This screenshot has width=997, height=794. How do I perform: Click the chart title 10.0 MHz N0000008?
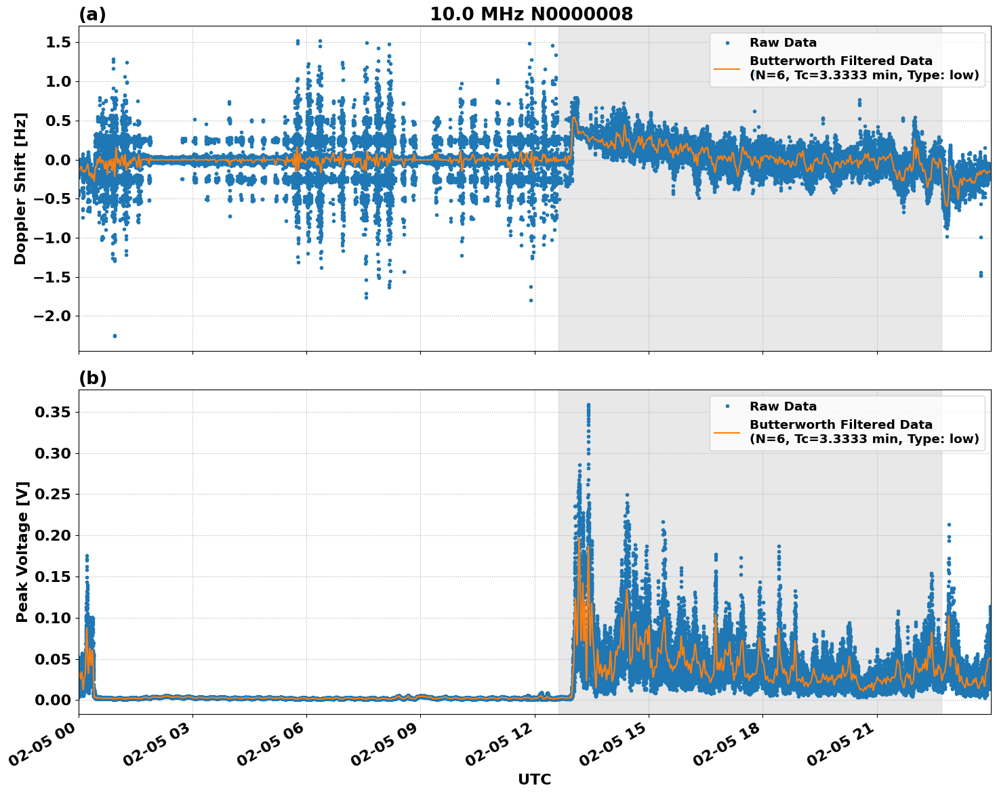coord(531,14)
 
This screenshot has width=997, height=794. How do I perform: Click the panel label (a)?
coord(92,14)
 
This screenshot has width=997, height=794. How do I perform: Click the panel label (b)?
coord(92,378)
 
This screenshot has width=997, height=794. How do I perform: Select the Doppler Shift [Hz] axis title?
coord(20,188)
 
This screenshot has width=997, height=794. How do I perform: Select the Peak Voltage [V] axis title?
coord(22,551)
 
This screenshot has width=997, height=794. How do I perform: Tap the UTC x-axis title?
coord(534,779)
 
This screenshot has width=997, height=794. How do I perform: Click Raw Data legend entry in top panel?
coord(783,43)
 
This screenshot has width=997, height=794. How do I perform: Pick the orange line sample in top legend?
coord(727,68)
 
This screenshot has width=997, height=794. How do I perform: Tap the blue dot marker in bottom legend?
coord(727,406)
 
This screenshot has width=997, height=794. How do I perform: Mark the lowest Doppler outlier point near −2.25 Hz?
coord(115,335)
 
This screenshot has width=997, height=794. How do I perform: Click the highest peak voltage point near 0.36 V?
coord(588,405)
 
